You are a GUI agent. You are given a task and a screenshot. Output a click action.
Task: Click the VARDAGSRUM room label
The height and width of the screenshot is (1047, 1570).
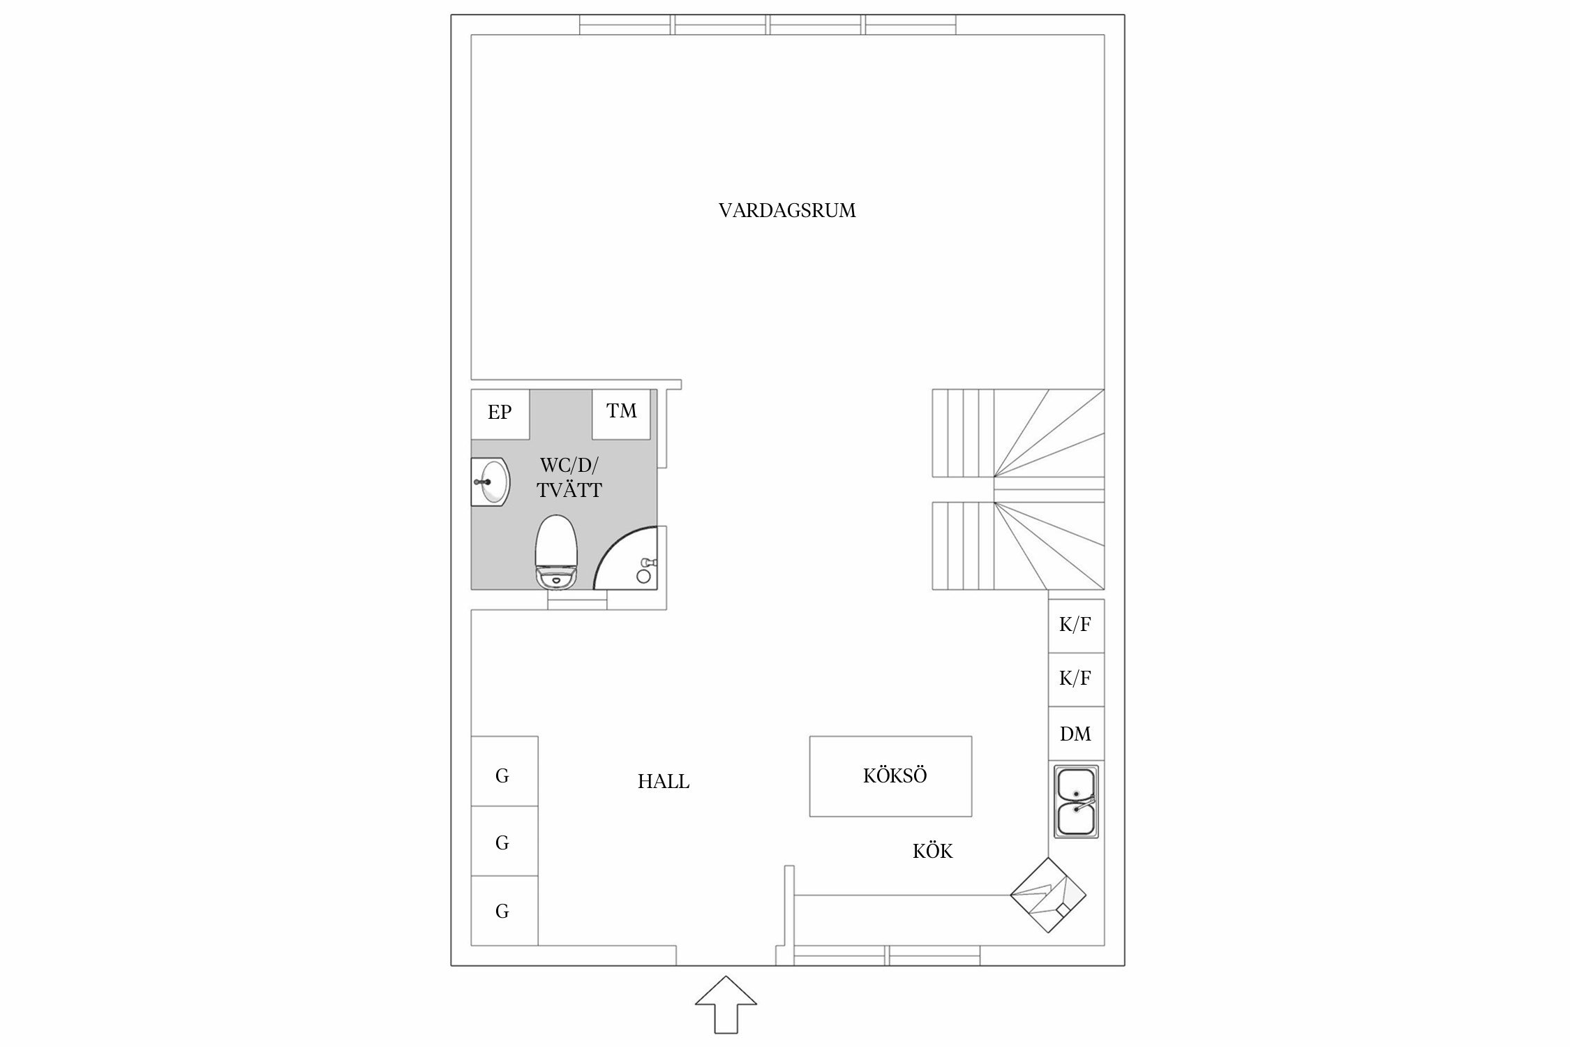coord(786,211)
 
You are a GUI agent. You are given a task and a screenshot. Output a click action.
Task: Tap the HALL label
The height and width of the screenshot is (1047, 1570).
coord(663,782)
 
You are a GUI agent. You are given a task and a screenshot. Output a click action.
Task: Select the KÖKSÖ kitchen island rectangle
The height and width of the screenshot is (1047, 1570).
coord(890,776)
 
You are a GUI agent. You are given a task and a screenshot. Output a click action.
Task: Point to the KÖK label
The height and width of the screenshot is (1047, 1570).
coord(932,851)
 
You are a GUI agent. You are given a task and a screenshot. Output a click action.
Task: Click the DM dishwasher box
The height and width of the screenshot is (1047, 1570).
coord(1076,734)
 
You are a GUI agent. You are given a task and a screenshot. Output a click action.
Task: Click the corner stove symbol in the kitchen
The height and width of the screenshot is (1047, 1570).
coord(1049,895)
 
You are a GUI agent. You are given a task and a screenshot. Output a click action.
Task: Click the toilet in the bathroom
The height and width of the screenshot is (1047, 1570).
coord(556,551)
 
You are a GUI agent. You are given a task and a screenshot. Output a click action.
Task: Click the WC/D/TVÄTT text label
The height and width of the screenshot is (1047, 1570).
coord(569,477)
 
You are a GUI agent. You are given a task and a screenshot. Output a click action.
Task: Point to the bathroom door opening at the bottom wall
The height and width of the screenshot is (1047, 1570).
coord(577,600)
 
